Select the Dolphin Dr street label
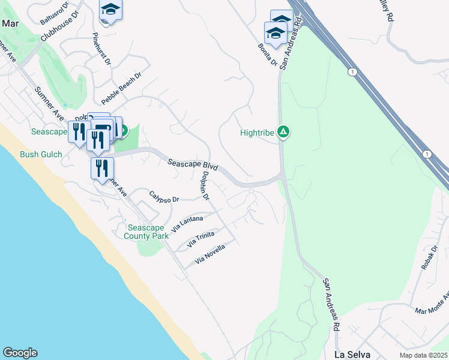click(205, 185)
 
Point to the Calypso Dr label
click(164, 196)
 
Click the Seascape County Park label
click(146, 232)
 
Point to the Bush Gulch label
click(41, 154)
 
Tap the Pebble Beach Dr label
click(121, 88)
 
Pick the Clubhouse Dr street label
click(60, 27)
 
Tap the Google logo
click(20, 353)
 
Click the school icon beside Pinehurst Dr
click(110, 10)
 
